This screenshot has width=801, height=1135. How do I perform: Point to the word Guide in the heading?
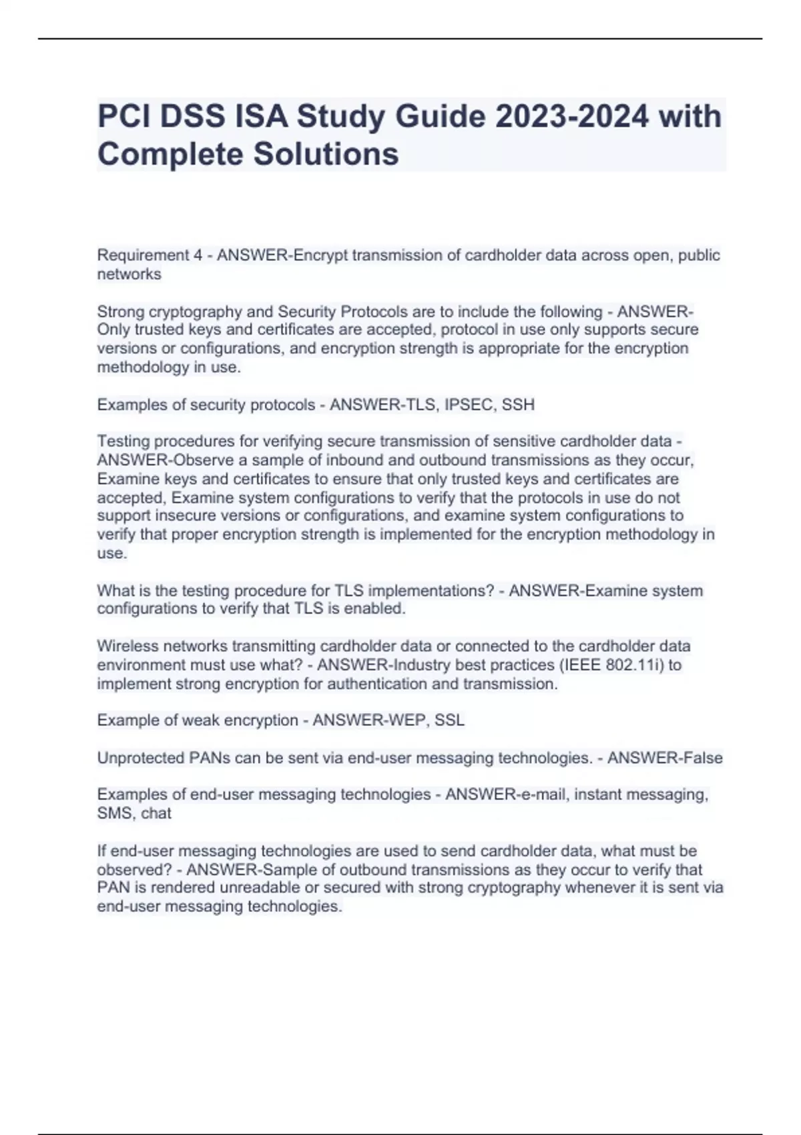[x=441, y=117]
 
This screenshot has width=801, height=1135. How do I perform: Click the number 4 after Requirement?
[x=198, y=255]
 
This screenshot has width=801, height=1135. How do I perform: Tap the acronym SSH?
[x=519, y=405]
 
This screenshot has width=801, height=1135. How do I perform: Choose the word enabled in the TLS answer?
[x=376, y=608]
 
